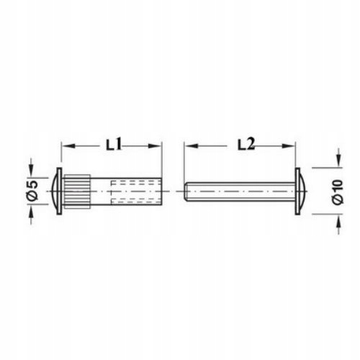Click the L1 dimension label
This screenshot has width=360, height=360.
pyautogui.click(x=114, y=145)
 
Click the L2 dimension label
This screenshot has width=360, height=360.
pyautogui.click(x=246, y=145)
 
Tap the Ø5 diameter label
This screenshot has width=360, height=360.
pyautogui.click(x=33, y=191)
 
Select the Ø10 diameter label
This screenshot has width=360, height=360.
pyautogui.click(x=338, y=192)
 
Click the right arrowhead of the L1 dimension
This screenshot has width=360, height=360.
pyautogui.click(x=155, y=146)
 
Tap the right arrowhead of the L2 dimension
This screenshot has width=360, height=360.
pyautogui.click(x=288, y=146)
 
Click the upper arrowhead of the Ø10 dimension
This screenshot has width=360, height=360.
pyautogui.click(x=338, y=161)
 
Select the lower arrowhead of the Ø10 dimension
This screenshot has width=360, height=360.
pyautogui.click(x=338, y=221)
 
